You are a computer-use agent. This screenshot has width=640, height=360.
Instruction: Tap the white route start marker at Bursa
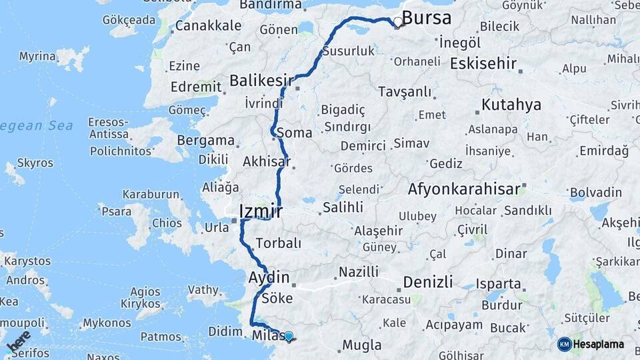(x=398, y=22)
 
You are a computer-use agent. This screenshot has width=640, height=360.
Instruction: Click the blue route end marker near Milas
(x=289, y=337)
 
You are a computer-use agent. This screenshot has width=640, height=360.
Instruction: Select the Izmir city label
(x=261, y=212)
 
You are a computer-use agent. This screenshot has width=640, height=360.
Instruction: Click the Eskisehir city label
(x=483, y=63)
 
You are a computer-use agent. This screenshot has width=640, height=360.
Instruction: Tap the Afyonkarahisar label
(x=464, y=189)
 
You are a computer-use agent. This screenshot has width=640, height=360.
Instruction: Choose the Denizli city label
(x=428, y=281)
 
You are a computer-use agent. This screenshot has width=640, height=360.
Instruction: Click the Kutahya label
(x=511, y=105)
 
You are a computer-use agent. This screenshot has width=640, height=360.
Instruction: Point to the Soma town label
(x=294, y=133)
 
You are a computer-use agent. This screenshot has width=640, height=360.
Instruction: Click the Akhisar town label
(x=267, y=161)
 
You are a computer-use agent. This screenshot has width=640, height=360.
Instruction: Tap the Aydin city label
(x=269, y=277)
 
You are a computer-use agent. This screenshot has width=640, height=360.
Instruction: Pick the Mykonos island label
(x=107, y=323)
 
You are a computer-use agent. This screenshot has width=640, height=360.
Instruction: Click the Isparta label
(x=499, y=284)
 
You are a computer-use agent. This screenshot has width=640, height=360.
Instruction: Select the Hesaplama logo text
(x=599, y=344)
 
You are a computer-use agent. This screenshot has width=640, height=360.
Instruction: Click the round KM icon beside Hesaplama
(x=565, y=344)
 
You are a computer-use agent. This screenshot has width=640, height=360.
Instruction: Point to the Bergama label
(x=205, y=141)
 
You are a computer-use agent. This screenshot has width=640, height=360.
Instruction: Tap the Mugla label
(x=362, y=345)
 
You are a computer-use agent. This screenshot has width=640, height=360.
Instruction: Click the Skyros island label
(x=35, y=163)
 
